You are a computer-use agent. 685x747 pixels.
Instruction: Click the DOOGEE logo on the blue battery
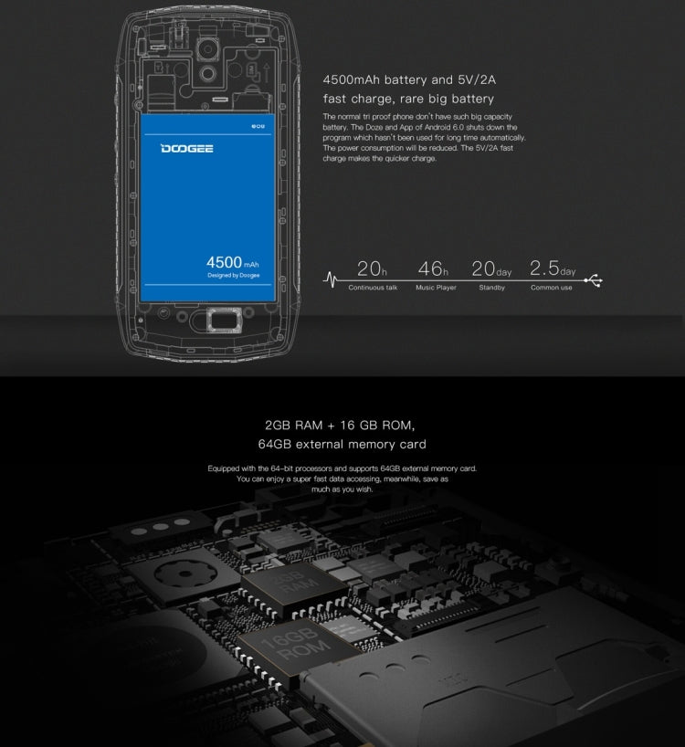pyautogui.click(x=187, y=147)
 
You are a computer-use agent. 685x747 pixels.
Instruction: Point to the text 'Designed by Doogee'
pyautogui.click(x=233, y=275)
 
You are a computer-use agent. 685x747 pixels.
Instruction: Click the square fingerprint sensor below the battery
pyautogui.click(x=220, y=321)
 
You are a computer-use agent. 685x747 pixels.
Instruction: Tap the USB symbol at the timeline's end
pyautogui.click(x=595, y=279)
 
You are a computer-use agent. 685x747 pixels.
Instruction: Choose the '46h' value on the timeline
pyautogui.click(x=433, y=268)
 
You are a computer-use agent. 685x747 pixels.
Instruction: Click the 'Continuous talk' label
pyautogui.click(x=373, y=288)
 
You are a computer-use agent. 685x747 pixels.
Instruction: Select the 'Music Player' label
pyautogui.click(x=436, y=288)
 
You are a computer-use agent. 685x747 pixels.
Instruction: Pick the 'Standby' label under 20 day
pyautogui.click(x=492, y=288)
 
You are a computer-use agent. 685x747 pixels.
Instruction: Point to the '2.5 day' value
pyautogui.click(x=552, y=268)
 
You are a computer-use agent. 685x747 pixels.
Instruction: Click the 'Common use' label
pyautogui.click(x=552, y=288)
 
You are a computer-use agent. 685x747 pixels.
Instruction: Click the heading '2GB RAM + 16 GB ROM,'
pyautogui.click(x=340, y=426)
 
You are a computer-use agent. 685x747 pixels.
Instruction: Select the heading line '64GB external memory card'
pyautogui.click(x=342, y=445)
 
